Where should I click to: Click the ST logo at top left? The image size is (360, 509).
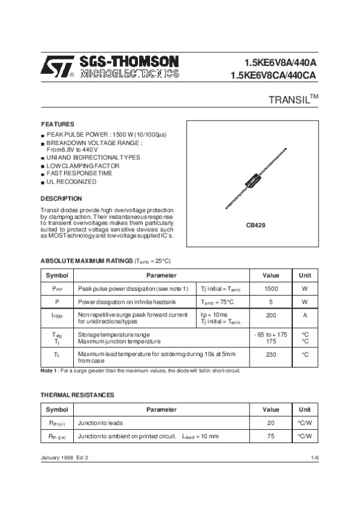click(x=58, y=66)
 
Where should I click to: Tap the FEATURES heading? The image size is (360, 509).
click(x=57, y=124)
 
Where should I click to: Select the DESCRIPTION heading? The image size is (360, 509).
click(x=61, y=198)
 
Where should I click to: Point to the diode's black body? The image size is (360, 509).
click(x=251, y=180)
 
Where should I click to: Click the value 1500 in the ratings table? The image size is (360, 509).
click(x=271, y=289)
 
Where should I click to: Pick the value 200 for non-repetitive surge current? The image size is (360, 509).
click(x=271, y=315)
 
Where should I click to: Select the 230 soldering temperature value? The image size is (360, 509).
click(x=271, y=354)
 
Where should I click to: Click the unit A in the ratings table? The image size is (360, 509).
click(x=305, y=315)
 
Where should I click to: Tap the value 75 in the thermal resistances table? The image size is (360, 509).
click(x=271, y=436)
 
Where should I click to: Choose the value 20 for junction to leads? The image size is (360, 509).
click(x=271, y=423)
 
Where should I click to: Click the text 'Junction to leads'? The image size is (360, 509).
click(x=100, y=423)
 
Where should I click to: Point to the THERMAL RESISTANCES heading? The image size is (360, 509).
click(x=77, y=395)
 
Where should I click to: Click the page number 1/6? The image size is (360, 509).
click(x=314, y=458)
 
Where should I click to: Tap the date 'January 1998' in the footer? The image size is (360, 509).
click(x=57, y=458)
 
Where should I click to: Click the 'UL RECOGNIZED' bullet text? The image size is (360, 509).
click(x=71, y=181)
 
